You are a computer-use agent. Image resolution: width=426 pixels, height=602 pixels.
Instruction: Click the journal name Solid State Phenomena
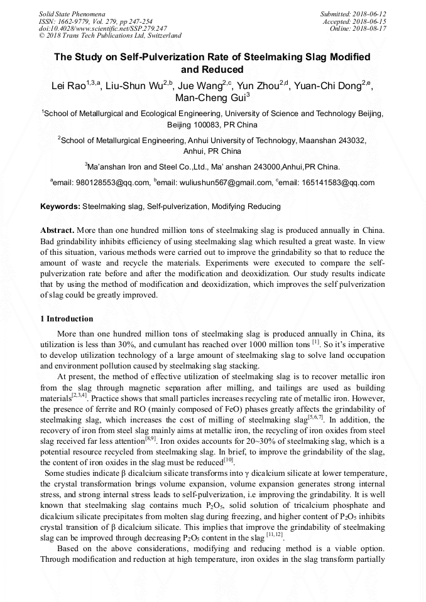(x=72, y=13)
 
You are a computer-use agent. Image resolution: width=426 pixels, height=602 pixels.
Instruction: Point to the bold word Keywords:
(x=60, y=206)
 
